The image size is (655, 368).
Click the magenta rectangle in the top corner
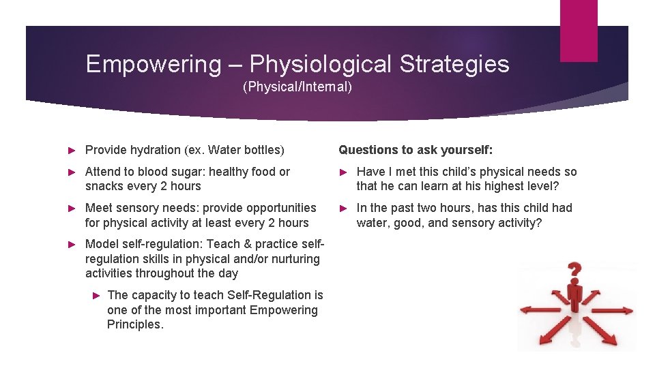coord(578,30)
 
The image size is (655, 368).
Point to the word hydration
coord(156,150)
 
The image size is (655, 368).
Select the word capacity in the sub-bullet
coord(154,295)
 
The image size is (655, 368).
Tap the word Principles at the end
coord(135,324)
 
